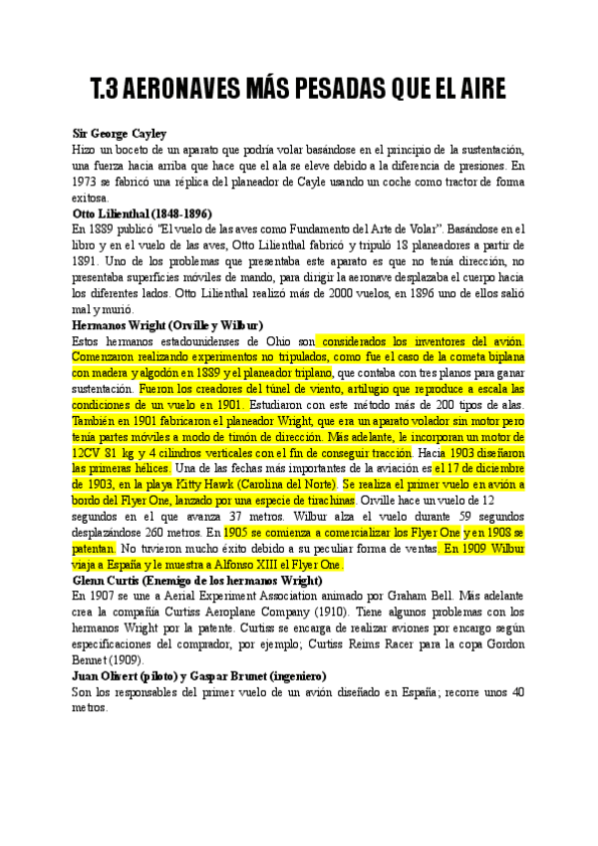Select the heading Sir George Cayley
(x=120, y=133)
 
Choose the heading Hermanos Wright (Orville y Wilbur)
(x=167, y=325)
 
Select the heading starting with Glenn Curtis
(x=196, y=581)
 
